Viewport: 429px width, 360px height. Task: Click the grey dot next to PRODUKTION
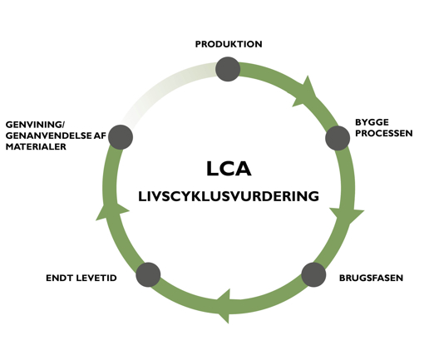[x=228, y=69]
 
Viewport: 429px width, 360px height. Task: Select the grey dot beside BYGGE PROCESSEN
[x=337, y=137]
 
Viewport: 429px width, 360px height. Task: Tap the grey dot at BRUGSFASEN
[x=313, y=274]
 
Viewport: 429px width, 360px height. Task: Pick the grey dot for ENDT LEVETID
[x=147, y=274]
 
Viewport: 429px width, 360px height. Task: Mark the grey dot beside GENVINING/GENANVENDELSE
[x=121, y=136]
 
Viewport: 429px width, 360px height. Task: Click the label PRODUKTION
[x=229, y=44]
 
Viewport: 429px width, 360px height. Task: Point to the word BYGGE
[x=372, y=122]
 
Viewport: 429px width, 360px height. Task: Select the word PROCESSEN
[x=383, y=133]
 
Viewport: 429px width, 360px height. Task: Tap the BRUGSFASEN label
[x=371, y=278]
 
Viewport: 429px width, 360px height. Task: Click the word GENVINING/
[x=34, y=125]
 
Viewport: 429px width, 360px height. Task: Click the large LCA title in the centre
[x=229, y=169]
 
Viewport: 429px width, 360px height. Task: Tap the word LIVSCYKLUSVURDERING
[x=229, y=197]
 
